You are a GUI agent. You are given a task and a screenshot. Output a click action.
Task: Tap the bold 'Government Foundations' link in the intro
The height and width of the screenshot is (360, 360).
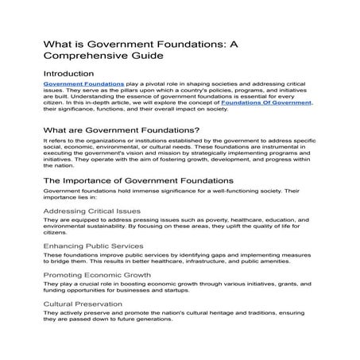[83, 83]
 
